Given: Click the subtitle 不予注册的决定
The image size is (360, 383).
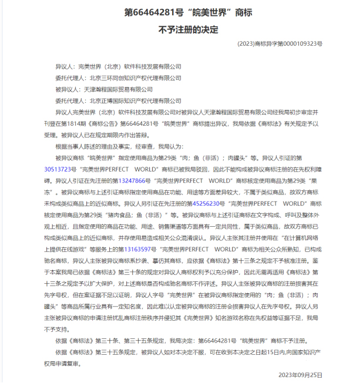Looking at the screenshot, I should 180,28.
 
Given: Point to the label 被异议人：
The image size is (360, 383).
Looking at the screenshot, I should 68,89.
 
